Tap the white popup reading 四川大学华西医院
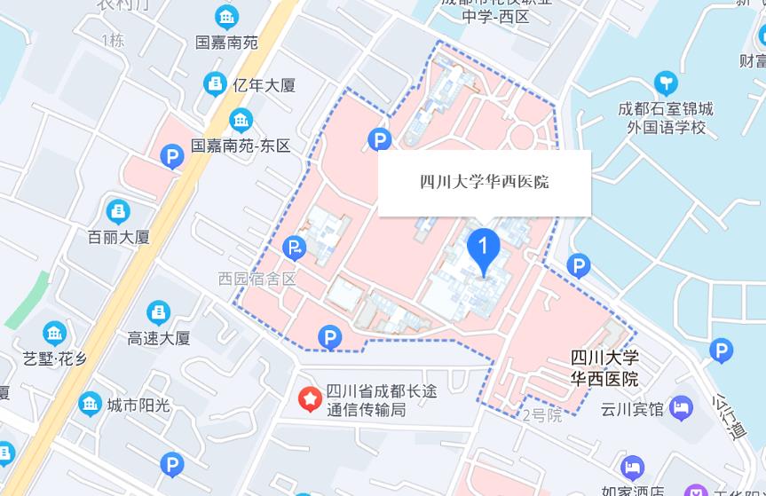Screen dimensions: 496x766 point(485,183)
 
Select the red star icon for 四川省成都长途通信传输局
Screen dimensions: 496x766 point(309,399)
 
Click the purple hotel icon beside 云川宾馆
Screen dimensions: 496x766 point(682,408)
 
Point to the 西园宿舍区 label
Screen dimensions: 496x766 point(257,279)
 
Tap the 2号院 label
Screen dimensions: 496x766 point(541,415)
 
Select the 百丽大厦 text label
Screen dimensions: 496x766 point(118,237)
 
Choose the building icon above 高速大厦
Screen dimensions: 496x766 point(158,311)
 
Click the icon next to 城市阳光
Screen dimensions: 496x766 point(90,405)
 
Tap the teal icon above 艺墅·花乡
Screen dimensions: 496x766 point(55,334)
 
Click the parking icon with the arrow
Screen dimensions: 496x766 point(294,248)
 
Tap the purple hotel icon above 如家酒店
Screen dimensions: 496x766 point(632,467)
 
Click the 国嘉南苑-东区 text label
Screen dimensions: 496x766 point(241,146)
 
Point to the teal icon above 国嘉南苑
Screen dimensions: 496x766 point(227,17)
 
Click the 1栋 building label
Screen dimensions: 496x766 point(113,40)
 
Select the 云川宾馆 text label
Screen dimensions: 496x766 point(632,409)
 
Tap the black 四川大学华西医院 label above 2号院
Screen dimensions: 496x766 point(604,368)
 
